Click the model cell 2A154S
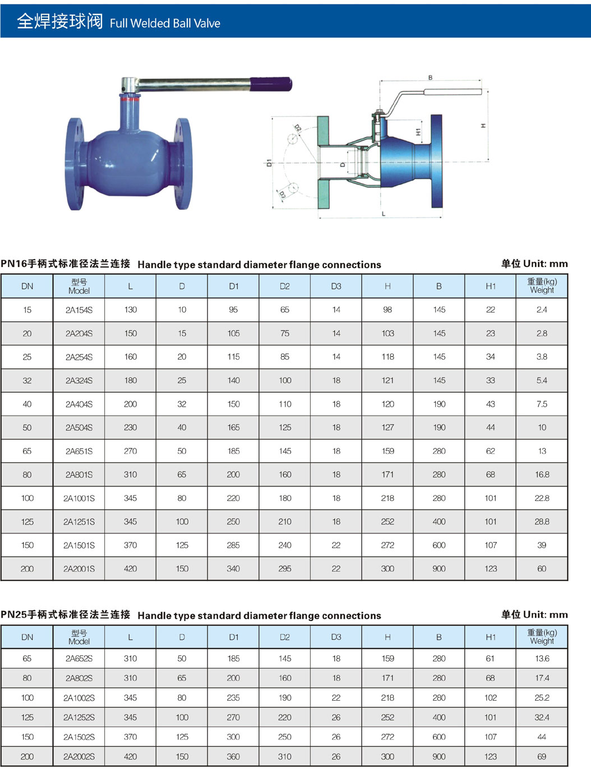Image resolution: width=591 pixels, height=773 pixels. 79,310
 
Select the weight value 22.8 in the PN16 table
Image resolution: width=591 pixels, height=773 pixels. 542,498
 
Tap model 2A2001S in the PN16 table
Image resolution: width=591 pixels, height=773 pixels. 79,569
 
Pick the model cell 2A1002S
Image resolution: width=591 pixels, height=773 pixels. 79,698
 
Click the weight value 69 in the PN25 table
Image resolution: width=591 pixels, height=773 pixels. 542,756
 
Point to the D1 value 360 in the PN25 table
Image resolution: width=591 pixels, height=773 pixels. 233,756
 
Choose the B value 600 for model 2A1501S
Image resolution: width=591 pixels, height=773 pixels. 439,545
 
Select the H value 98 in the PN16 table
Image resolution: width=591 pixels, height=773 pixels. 387,310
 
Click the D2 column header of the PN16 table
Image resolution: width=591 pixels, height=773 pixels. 284,286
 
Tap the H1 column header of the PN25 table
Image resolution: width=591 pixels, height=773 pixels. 490,637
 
